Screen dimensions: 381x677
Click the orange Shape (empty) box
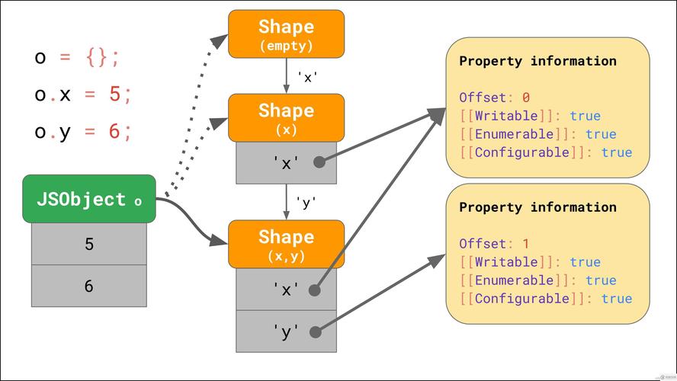click(x=286, y=34)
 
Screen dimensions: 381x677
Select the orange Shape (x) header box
click(x=286, y=117)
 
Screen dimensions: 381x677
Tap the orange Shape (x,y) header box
click(x=286, y=244)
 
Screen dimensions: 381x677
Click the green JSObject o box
click(x=88, y=199)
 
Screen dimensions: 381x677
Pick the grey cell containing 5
click(x=88, y=245)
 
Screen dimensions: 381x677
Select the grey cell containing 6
click(x=88, y=286)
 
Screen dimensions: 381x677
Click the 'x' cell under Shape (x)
click(x=286, y=162)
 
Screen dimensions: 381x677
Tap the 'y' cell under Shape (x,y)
click(x=286, y=331)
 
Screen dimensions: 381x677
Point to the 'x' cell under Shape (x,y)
click(x=286, y=290)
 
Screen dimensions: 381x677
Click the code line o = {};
click(x=77, y=58)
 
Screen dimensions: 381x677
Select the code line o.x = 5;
click(x=83, y=94)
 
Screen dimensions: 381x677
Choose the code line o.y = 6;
click(x=83, y=131)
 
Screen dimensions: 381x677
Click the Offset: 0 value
click(x=525, y=98)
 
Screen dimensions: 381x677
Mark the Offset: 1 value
click(x=525, y=244)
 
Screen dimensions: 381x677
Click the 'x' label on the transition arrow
click(x=306, y=77)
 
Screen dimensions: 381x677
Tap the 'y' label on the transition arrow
click(x=306, y=203)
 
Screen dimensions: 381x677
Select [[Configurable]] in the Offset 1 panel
click(x=526, y=299)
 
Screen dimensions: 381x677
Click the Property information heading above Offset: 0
click(x=537, y=61)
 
